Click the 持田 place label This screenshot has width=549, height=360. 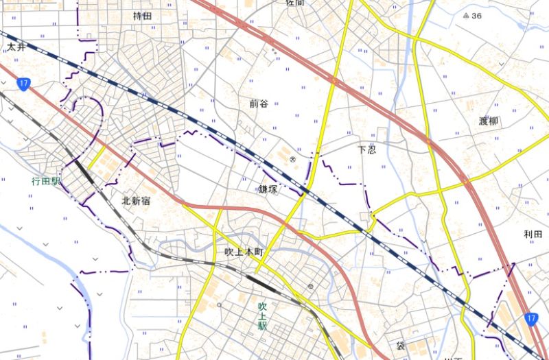pos(142,15)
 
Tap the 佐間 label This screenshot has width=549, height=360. pos(294,3)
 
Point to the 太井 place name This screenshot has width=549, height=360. pos(16,47)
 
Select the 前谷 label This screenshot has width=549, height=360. pos(259,104)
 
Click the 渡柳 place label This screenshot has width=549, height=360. pos(489,121)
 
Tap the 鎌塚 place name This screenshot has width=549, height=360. pos(268,189)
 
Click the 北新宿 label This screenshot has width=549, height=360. pos(136,202)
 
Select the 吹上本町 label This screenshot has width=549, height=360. pos(244,252)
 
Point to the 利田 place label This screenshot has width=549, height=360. pos(533,235)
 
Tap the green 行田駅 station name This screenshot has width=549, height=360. pos(46,182)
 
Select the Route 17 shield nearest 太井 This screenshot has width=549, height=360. pos(24,84)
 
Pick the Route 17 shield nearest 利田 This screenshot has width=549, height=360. pos(530,318)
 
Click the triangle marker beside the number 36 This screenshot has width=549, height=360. pos(466,15)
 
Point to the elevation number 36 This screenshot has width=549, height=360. pos(477,15)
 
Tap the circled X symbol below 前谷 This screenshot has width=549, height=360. pos(292,159)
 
